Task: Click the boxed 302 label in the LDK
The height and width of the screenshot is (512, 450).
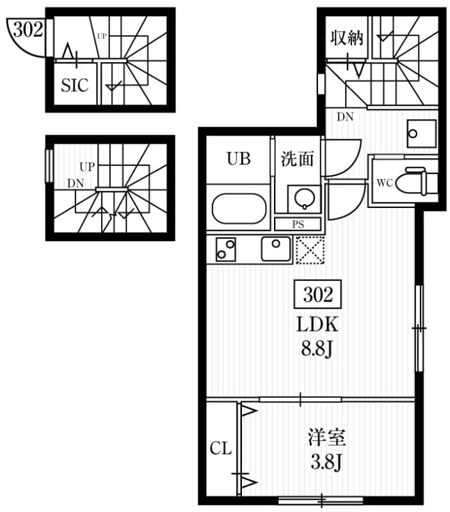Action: click(x=317, y=294)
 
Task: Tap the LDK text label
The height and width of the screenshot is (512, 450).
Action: click(x=317, y=324)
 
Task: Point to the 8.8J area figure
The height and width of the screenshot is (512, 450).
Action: click(x=316, y=349)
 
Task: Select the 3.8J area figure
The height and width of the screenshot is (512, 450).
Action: click(x=326, y=461)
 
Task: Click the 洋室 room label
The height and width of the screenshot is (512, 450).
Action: click(x=326, y=437)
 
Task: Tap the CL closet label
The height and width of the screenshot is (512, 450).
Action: click(x=221, y=448)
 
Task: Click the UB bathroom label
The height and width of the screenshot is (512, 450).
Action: click(x=239, y=159)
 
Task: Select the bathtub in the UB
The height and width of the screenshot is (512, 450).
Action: click(x=239, y=209)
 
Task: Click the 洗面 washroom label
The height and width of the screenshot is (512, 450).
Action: click(x=297, y=159)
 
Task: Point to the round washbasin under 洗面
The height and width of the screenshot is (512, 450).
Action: click(x=304, y=198)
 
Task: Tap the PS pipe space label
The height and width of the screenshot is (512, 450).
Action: click(x=298, y=225)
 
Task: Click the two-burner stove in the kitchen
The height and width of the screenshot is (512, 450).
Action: click(x=226, y=249)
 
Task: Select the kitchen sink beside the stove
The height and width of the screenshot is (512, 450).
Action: click(x=276, y=249)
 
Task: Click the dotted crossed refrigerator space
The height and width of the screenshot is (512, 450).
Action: click(x=310, y=250)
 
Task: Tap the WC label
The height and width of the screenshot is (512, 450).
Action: click(x=385, y=182)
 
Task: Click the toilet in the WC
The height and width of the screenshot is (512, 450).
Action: click(x=416, y=182)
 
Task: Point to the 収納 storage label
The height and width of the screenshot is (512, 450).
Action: click(x=346, y=38)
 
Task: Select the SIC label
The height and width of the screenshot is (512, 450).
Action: click(x=75, y=85)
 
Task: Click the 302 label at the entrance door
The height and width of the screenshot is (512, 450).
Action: click(x=28, y=29)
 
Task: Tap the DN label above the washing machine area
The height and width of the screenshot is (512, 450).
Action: click(x=345, y=116)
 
